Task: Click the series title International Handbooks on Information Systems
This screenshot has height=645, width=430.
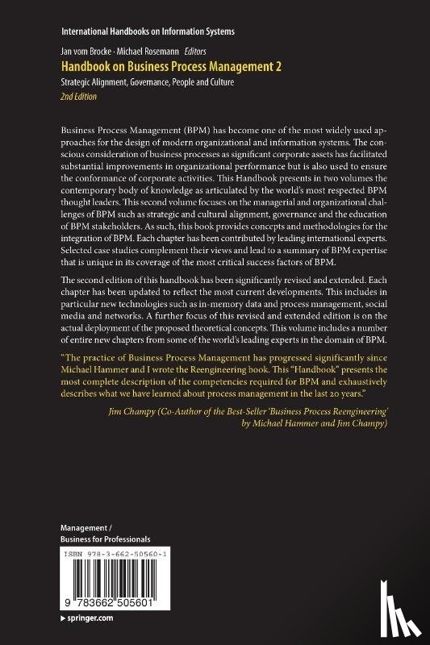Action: point(148,31)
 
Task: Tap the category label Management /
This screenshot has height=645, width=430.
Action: point(90,526)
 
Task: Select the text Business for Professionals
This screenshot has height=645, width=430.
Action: point(106,538)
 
